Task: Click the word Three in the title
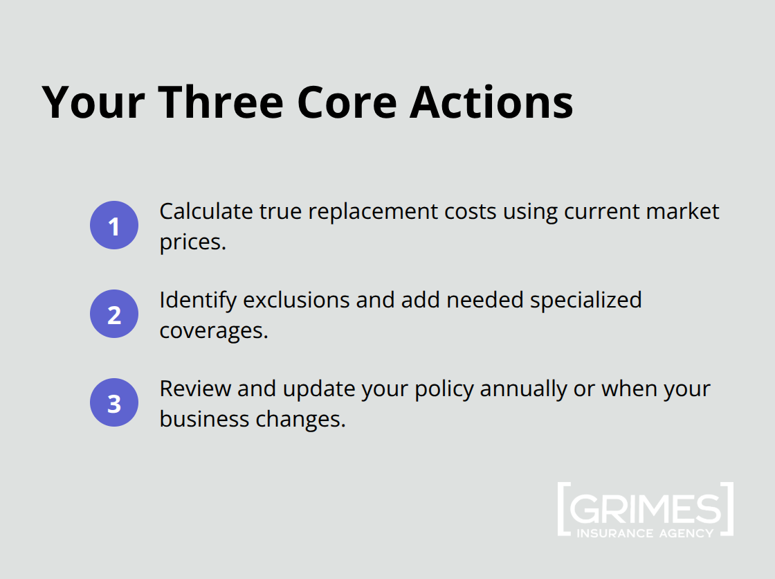(x=221, y=102)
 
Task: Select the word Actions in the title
(x=491, y=102)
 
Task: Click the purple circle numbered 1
(x=114, y=226)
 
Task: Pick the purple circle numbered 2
(x=114, y=314)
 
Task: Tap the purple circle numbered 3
(x=114, y=403)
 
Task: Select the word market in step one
(x=684, y=211)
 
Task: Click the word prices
(x=193, y=243)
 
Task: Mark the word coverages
(x=213, y=331)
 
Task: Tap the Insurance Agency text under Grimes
(x=645, y=533)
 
